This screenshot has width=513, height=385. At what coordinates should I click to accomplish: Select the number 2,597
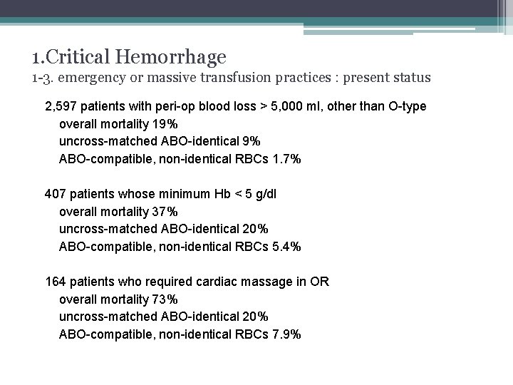coord(61,106)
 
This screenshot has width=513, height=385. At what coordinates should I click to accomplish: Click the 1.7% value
coord(287,159)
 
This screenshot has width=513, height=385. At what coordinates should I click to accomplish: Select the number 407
coord(55,194)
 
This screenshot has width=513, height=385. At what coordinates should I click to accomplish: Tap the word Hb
coord(223,194)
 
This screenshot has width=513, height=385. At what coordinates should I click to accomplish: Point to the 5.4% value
coord(287,247)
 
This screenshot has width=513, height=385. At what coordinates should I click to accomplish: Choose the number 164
coord(55,282)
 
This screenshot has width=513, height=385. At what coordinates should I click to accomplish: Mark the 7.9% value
coord(287,334)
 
